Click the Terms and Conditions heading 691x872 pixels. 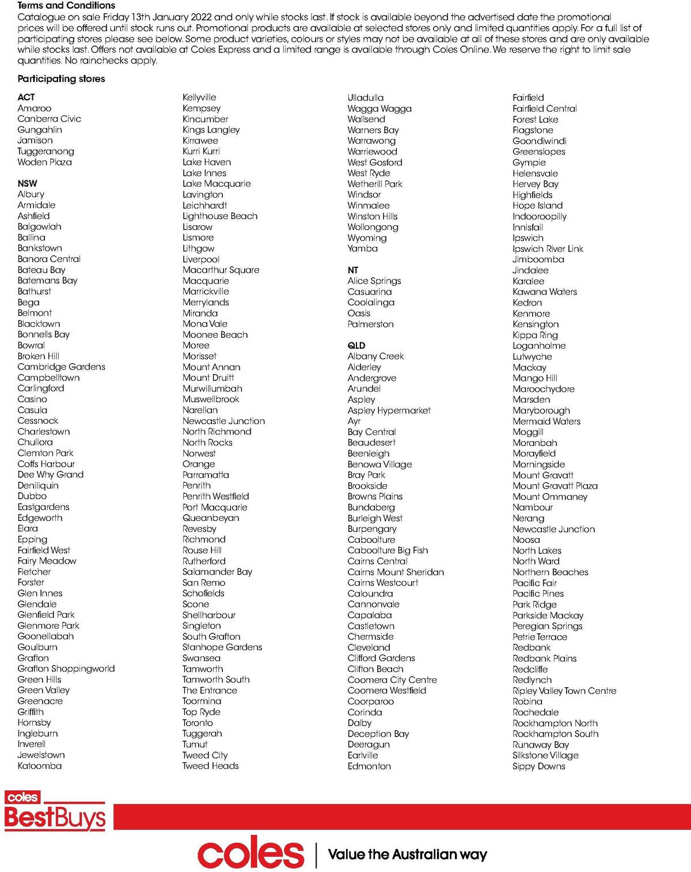tap(66, 5)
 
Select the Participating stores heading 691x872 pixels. tap(61, 79)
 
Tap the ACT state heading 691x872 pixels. tap(26, 97)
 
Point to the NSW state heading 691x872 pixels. tap(27, 183)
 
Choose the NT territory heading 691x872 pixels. tap(353, 270)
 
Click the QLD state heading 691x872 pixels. tap(356, 345)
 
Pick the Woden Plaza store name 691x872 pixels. tap(44, 162)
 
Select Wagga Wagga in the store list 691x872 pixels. tap(379, 108)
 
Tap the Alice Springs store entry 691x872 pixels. tap(374, 281)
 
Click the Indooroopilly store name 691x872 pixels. tap(540, 216)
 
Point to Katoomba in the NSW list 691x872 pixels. tap(39, 765)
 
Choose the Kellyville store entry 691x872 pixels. tap(199, 97)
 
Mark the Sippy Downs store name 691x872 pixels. tap(539, 766)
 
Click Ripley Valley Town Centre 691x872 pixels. tap(564, 690)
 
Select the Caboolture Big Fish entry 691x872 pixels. tap(388, 550)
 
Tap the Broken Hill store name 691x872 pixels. tap(38, 356)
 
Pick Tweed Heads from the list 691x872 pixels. tap(210, 765)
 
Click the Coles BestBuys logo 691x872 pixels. tap(55, 811)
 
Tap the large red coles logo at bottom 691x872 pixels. tap(250, 854)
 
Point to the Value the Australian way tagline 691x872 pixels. tap(407, 854)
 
